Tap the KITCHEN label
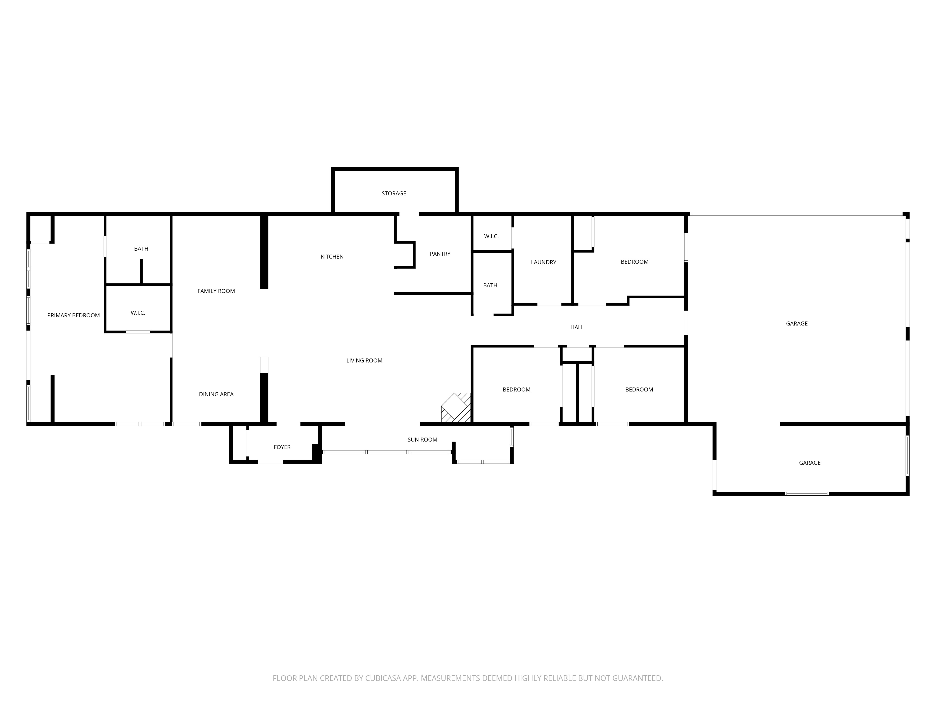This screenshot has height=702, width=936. [x=332, y=256]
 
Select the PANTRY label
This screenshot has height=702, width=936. [x=440, y=254]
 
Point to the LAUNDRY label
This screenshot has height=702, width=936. [x=543, y=262]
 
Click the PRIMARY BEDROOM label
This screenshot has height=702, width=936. [x=74, y=315]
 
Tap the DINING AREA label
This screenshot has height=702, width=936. [x=216, y=394]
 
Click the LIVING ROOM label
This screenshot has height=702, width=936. [x=364, y=361]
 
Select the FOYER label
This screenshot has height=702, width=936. [x=282, y=447]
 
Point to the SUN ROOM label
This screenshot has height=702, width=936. [x=422, y=440]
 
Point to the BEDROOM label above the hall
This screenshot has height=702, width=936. [x=634, y=262]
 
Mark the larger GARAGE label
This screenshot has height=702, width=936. [x=797, y=324]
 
